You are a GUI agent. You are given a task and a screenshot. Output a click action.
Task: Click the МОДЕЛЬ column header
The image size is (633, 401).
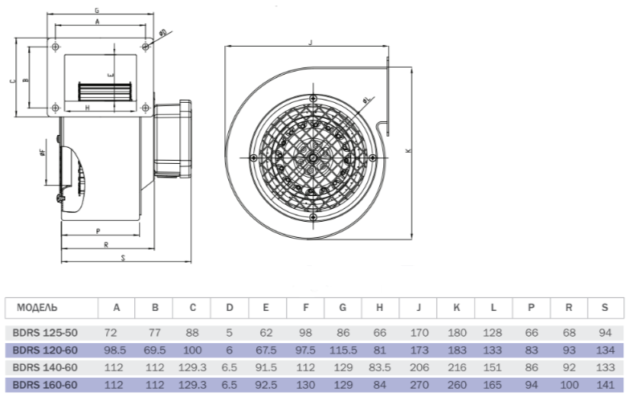click(37, 308)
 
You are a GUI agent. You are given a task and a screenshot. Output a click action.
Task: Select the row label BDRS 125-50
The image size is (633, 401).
click(45, 333)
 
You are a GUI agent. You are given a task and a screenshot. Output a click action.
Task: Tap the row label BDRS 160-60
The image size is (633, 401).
click(45, 385)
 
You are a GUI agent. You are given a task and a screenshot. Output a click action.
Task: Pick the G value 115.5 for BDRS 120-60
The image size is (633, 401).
click(343, 350)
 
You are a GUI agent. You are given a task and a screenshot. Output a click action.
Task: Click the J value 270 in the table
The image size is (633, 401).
click(419, 385)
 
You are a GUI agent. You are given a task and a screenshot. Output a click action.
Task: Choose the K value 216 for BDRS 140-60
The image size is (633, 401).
click(456, 367)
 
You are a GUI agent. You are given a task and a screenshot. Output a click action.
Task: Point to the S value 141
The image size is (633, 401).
click(605, 385)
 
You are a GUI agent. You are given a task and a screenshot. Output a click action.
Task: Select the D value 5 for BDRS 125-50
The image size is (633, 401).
click(229, 333)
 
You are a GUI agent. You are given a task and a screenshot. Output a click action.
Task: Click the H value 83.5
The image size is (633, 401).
click(379, 367)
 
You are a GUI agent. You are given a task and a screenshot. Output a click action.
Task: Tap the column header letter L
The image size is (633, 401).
click(493, 308)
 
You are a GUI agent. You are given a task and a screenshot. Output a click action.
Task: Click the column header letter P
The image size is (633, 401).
click(531, 308)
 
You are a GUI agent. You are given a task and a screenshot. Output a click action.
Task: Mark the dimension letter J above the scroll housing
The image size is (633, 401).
click(310, 43)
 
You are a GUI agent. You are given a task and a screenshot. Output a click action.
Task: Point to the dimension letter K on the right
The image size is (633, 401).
click(408, 150)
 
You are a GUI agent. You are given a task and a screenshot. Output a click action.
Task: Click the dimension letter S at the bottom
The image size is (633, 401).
click(123, 258)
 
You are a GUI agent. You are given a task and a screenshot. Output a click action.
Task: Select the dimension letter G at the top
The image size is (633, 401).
click(97, 11)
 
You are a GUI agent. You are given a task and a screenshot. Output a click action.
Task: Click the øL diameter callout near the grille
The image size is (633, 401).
click(366, 100)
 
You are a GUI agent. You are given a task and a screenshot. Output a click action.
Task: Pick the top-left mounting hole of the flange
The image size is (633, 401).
click(55, 47)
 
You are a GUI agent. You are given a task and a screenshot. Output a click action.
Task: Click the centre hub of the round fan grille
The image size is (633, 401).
click(312, 158)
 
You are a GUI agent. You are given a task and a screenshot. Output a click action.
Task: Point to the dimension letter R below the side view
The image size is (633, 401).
click(106, 245)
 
